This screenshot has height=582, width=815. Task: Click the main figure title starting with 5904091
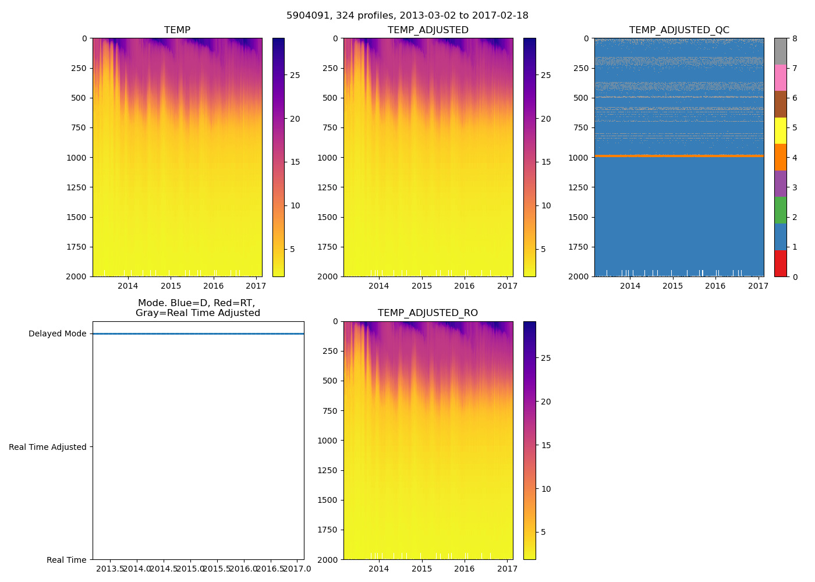click(408, 16)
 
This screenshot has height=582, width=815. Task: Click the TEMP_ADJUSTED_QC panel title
click(679, 30)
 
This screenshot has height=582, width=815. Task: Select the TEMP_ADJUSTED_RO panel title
click(428, 313)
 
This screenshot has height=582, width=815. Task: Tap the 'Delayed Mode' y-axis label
click(57, 334)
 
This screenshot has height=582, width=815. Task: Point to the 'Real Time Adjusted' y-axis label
click(47, 447)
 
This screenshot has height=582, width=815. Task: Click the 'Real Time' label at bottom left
click(66, 560)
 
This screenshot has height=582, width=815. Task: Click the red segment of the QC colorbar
click(780, 263)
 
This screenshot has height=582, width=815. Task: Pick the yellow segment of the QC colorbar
click(780, 130)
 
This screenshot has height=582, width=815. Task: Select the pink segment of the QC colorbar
click(780, 77)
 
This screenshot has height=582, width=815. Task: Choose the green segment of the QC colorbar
click(780, 210)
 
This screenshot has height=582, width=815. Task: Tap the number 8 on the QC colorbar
click(795, 38)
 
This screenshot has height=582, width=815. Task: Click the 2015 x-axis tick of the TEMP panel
click(171, 286)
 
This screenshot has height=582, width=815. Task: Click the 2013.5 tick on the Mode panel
click(110, 569)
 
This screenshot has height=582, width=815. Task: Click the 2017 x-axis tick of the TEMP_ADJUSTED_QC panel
click(758, 286)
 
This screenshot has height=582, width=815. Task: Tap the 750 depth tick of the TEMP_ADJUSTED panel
click(330, 127)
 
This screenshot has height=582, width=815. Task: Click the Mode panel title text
click(197, 308)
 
